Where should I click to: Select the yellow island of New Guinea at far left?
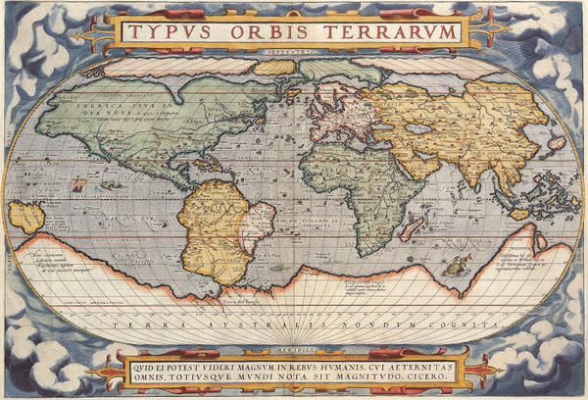click(x=26, y=217)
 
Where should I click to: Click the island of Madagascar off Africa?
click(x=411, y=228)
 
